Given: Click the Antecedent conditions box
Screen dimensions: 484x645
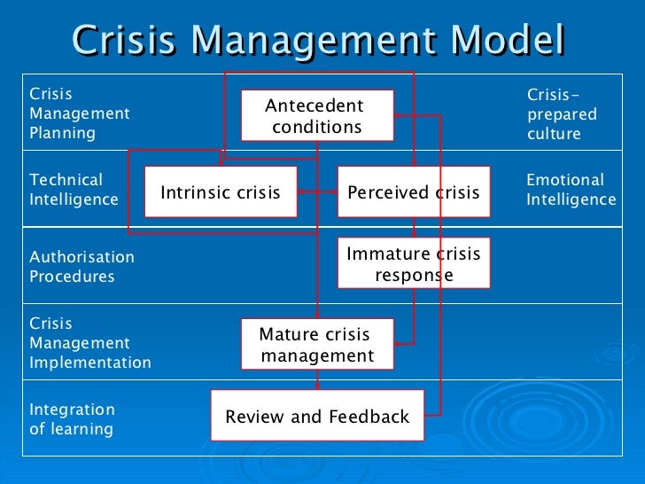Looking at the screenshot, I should (317, 116).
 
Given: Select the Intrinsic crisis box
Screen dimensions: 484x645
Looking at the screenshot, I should (220, 192).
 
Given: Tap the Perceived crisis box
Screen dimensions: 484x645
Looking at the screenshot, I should (413, 192).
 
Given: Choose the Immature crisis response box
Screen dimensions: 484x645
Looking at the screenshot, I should (413, 264).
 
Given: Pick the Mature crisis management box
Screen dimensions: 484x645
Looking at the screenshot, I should (316, 345).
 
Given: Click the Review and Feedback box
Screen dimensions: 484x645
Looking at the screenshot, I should (317, 416).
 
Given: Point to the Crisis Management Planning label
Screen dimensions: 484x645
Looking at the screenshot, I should (80, 113).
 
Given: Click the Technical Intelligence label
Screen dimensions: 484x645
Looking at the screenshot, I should (74, 190).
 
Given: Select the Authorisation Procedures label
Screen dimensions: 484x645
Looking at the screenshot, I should (82, 267).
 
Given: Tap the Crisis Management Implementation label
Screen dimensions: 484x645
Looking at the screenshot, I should (89, 343).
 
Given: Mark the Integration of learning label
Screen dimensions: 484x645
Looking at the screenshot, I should (72, 419).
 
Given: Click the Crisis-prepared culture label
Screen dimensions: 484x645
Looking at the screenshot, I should (562, 114).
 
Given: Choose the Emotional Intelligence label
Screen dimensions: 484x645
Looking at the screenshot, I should (571, 190).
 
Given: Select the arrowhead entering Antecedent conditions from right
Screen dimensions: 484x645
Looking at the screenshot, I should (399, 115).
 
